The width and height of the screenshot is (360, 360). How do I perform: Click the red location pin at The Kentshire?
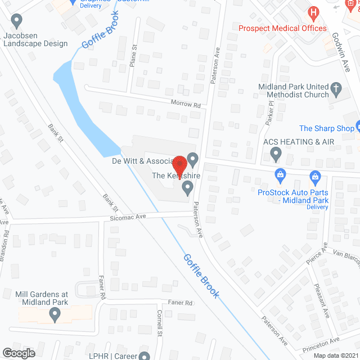pyautogui.click(x=180, y=165)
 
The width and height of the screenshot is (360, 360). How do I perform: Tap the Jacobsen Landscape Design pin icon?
pyautogui.click(x=17, y=22)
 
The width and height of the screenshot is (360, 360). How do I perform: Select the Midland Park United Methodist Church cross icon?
pyautogui.click(x=336, y=88)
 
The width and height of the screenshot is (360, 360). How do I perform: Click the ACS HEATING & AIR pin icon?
pyautogui.click(x=276, y=152)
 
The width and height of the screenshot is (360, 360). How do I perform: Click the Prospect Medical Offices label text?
pyautogui.click(x=282, y=28)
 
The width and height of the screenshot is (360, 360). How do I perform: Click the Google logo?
pyautogui.click(x=19, y=353)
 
